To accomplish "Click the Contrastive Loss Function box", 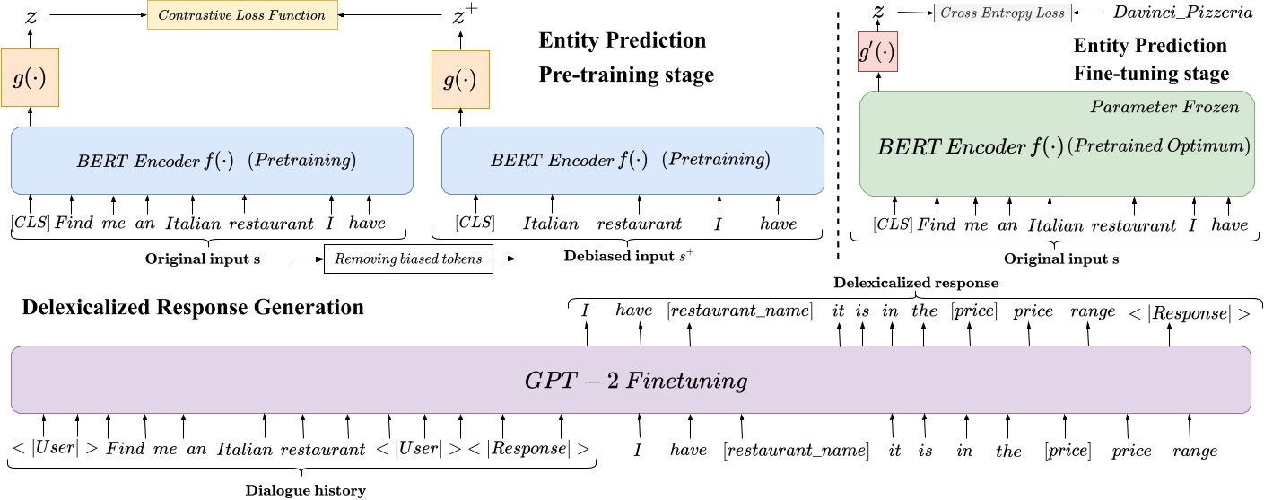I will [x=242, y=15].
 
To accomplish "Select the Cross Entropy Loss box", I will [x=1001, y=13].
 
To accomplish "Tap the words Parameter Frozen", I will [x=1164, y=108].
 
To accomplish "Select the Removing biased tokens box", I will [x=409, y=259].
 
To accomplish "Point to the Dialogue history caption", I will [x=305, y=490].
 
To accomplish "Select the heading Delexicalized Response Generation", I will [x=193, y=308].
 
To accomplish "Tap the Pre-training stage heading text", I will [x=626, y=75].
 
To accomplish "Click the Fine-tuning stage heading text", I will [x=1151, y=74].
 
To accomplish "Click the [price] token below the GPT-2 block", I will [x=1067, y=451].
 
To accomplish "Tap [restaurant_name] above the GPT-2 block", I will [x=739, y=311].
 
